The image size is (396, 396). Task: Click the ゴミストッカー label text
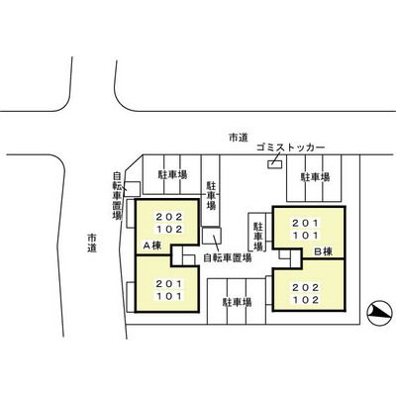(x=291, y=148)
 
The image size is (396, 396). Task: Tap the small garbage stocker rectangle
(x=275, y=164)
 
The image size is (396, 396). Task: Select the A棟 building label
(x=152, y=246)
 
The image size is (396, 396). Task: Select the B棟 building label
(x=323, y=252)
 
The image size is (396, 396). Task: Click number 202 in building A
(x=169, y=217)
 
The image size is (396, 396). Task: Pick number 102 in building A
(x=169, y=230)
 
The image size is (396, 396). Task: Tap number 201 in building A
(x=169, y=283)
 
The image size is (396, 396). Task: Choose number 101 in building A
(x=169, y=296)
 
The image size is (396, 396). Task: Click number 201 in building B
(x=306, y=223)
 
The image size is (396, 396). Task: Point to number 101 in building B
(x=306, y=236)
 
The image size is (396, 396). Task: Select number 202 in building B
(x=306, y=287)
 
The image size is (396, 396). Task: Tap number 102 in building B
(x=306, y=300)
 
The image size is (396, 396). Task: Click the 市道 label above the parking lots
(x=239, y=138)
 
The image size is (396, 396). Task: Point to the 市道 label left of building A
(x=92, y=243)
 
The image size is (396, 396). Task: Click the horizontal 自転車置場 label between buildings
(x=228, y=257)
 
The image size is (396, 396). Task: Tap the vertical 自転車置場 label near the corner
(x=117, y=196)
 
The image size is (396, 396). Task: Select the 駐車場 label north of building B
(x=315, y=177)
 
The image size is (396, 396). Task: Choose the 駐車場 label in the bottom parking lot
(x=238, y=302)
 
